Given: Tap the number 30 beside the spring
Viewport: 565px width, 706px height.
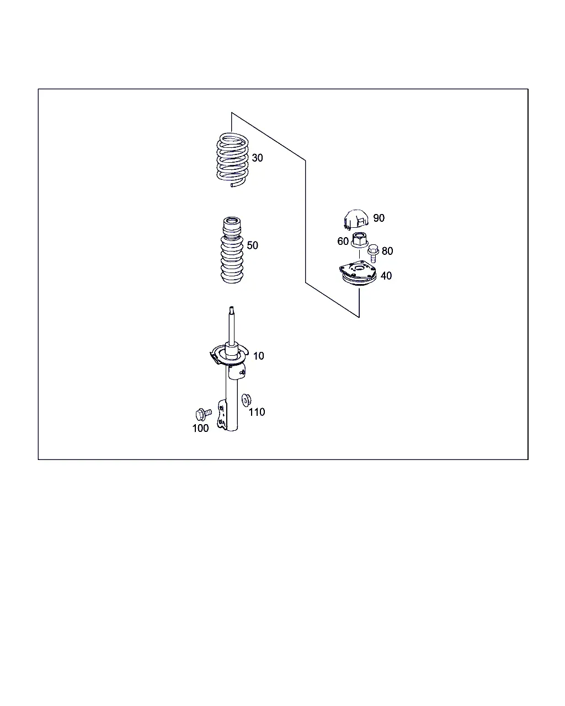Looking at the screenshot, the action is point(257,158).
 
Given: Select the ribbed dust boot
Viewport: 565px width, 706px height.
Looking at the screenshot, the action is point(232,250).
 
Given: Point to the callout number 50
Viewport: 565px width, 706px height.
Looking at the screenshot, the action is point(252,245).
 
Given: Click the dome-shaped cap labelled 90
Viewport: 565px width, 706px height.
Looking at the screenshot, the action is point(355,219).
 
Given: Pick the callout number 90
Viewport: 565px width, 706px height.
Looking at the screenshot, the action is point(379,218).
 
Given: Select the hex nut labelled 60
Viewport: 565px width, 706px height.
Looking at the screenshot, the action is point(359,240).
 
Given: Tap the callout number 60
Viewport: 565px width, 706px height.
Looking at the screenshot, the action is point(343,241).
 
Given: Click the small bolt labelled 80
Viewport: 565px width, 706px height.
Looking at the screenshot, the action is point(373,253).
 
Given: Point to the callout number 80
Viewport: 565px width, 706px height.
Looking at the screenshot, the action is point(387,251).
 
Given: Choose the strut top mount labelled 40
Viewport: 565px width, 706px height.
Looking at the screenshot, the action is point(358,273).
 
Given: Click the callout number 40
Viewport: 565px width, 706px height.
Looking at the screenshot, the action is point(386,276).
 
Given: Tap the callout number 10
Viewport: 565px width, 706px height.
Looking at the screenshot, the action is point(258,356).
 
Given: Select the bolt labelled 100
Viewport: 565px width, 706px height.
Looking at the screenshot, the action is point(203,414).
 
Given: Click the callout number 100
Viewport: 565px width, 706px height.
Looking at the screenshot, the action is point(200,428).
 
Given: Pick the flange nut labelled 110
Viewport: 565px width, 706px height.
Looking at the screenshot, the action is point(246,400).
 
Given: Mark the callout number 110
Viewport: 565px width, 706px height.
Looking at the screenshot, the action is point(257,412).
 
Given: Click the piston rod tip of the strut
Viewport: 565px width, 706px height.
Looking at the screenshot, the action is point(231,308).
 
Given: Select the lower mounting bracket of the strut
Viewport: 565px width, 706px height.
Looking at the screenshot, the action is point(222,414).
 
